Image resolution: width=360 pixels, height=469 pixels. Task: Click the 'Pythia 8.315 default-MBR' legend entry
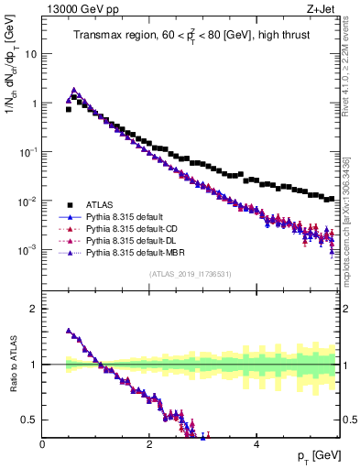click(x=137, y=252)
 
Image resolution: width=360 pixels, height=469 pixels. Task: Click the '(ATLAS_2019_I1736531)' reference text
click(x=191, y=275)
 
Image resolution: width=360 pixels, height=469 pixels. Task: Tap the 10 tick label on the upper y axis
click(x=31, y=53)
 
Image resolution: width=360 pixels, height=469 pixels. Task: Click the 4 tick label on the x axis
click(x=256, y=445)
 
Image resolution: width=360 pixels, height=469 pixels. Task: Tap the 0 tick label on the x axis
click(x=42, y=445)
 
